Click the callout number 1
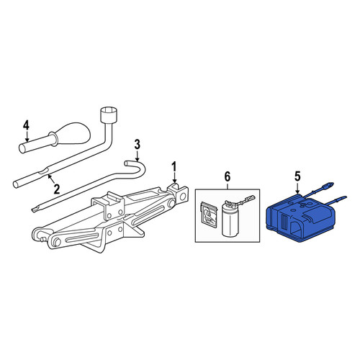[x=174, y=167]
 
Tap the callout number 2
[x=57, y=189]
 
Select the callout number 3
[x=137, y=145]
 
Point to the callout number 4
[x=26, y=125]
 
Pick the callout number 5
[x=297, y=177]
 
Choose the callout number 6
[x=227, y=177]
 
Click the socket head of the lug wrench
[x=109, y=115]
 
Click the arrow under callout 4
[x=27, y=137]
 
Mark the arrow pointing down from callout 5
[x=297, y=188]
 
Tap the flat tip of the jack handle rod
[x=35, y=210]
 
